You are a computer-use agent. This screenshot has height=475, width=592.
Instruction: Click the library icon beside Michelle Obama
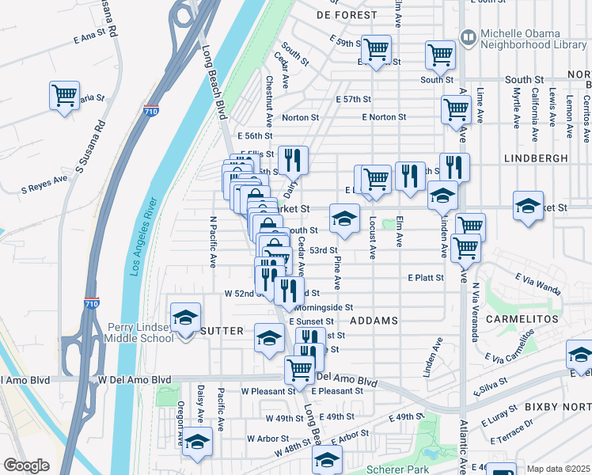click(468, 37)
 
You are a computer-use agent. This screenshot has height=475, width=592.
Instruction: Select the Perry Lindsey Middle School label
click(140, 332)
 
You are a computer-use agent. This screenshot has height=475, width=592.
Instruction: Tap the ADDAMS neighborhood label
click(373, 321)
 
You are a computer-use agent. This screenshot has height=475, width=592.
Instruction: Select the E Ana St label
click(89, 37)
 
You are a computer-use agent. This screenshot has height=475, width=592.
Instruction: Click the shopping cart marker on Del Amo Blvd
click(299, 369)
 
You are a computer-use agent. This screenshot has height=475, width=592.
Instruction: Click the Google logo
click(26, 465)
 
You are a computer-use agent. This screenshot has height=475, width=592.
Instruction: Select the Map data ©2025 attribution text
click(558, 469)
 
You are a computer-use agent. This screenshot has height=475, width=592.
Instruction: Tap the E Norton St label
click(384, 117)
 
